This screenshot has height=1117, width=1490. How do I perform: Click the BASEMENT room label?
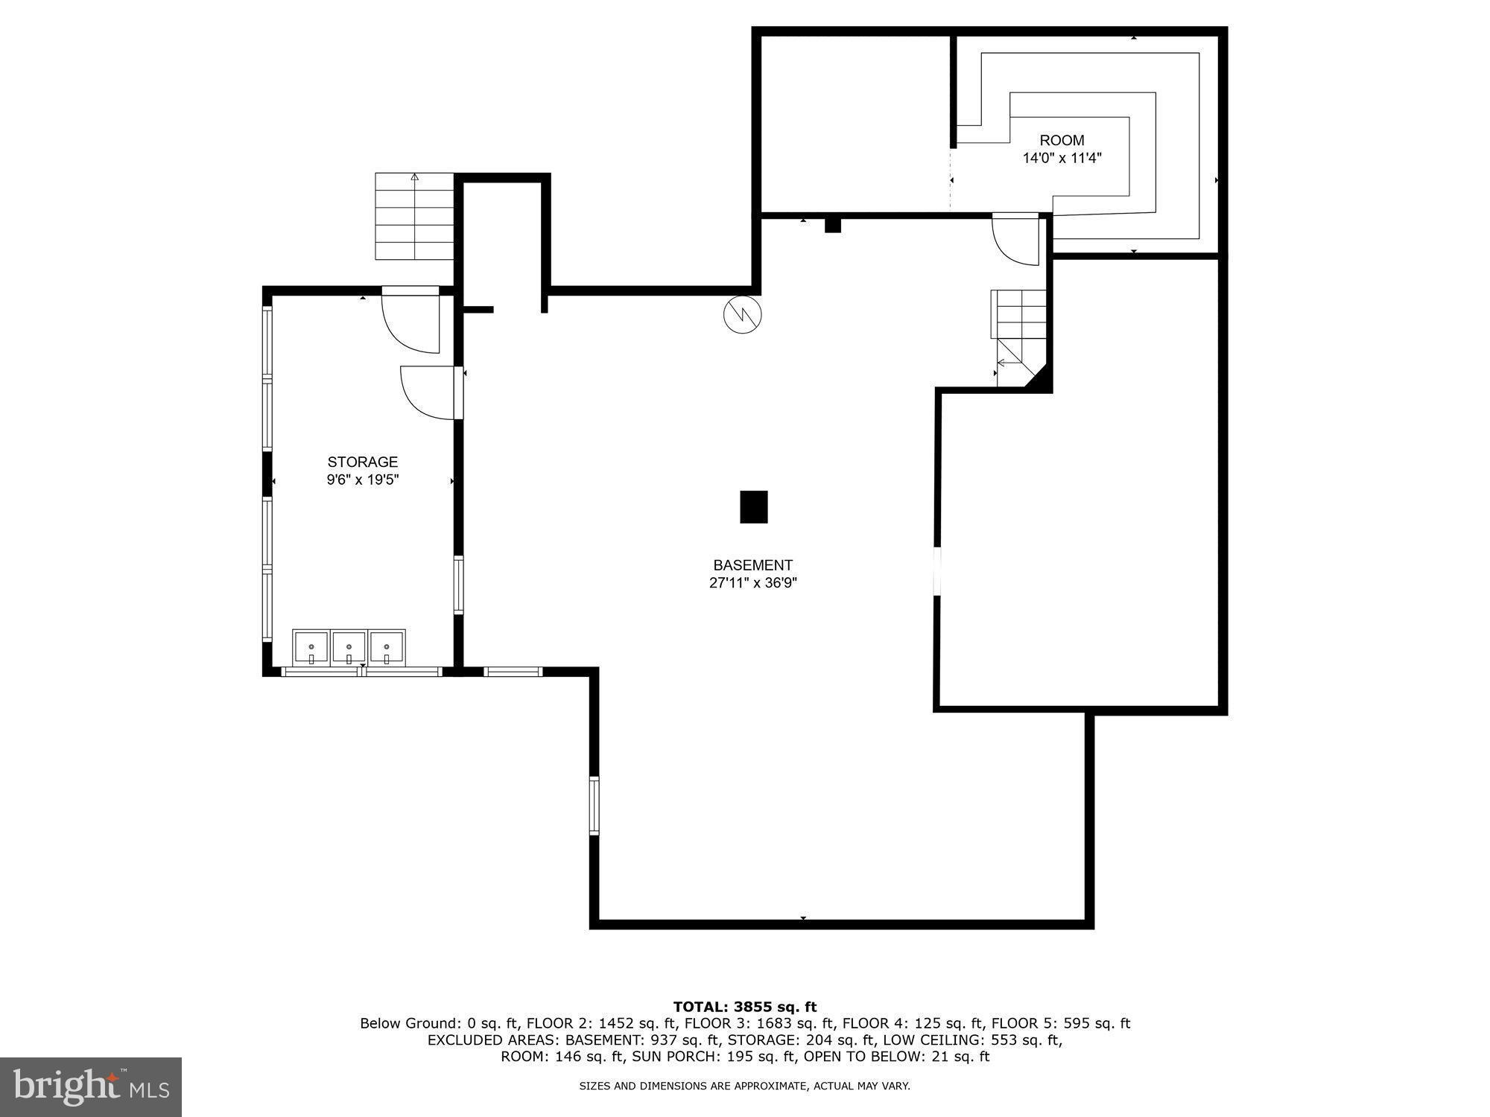(x=752, y=565)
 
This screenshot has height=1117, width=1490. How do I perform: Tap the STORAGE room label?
(x=363, y=462)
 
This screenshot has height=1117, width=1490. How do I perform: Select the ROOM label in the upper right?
(x=1062, y=140)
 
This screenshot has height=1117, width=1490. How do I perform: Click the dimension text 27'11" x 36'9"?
(x=752, y=583)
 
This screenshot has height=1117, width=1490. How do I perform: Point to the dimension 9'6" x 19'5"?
(x=363, y=480)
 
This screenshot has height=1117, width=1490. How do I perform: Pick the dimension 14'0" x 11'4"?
(x=1062, y=158)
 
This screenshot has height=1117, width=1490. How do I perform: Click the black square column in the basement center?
(x=753, y=506)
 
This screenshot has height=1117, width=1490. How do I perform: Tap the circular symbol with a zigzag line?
(x=742, y=314)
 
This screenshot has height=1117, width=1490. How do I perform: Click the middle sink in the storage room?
(x=349, y=648)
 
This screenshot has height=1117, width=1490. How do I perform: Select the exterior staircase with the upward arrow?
(x=414, y=216)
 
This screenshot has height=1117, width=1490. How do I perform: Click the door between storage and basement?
(x=431, y=392)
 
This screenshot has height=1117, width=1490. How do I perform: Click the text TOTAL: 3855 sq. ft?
(x=745, y=1007)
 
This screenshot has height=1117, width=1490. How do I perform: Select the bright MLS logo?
(x=91, y=1086)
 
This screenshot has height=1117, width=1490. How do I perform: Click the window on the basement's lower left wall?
(x=594, y=805)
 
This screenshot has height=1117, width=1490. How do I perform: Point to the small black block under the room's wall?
(x=832, y=224)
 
